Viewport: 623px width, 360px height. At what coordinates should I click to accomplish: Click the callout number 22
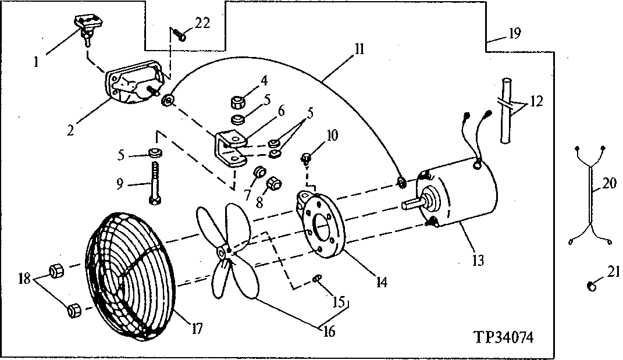(x=201, y=23)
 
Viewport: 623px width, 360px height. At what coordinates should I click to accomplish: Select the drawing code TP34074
(x=504, y=337)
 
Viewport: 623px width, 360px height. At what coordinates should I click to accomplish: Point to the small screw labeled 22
(x=180, y=36)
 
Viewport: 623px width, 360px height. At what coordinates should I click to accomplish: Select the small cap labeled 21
(x=592, y=285)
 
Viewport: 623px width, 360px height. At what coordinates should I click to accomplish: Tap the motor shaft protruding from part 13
(x=414, y=204)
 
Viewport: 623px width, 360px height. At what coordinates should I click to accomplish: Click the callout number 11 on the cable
(x=358, y=49)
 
